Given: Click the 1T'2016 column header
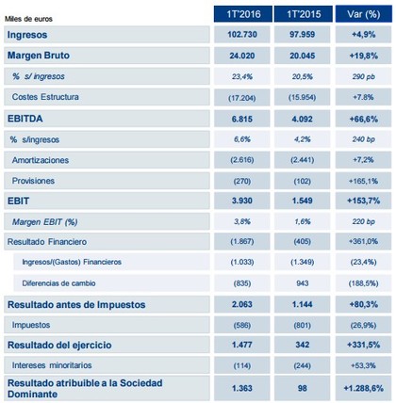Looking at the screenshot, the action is [x=243, y=14].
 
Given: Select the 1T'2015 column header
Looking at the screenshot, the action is [x=304, y=14].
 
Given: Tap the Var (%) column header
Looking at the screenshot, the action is [x=364, y=14].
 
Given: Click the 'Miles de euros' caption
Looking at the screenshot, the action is [x=28, y=19].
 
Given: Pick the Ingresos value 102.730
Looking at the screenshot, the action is [x=242, y=34].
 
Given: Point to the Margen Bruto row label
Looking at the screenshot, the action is [x=39, y=56].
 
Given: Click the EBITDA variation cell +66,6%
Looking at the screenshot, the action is [x=364, y=119].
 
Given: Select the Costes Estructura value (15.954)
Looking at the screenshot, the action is [x=302, y=97].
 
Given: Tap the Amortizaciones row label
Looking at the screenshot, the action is [x=41, y=160].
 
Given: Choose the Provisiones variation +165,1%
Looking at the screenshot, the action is [x=364, y=181].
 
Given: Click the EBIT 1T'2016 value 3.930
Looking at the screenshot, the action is [x=242, y=201].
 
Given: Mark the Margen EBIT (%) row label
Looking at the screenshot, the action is [x=44, y=222].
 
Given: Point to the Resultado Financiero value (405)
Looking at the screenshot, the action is [x=302, y=242].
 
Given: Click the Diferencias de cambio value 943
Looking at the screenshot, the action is [x=303, y=283].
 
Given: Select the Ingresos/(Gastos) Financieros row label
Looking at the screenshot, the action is [x=72, y=262].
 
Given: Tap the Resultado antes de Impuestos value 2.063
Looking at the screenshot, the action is [x=242, y=304].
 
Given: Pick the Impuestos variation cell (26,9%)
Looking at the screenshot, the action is [x=364, y=325].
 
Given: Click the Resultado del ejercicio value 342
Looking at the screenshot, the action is [x=303, y=345].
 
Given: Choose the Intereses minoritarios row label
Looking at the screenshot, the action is [x=52, y=365].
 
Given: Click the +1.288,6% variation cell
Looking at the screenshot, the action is [x=364, y=388].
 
